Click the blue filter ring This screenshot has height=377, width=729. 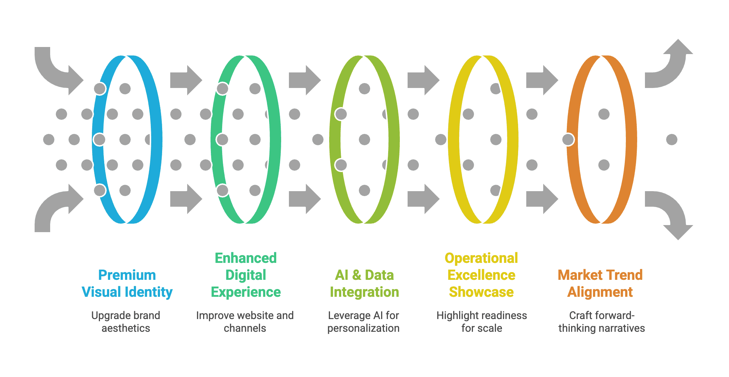click(155, 139)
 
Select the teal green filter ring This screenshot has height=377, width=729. click(274, 139)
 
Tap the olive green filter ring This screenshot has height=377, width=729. click(393, 139)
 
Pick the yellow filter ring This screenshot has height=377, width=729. click(512, 139)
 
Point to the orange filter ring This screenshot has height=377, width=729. click(630, 139)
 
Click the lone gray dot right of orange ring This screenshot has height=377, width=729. click(671, 140)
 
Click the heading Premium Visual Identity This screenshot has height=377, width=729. click(127, 284)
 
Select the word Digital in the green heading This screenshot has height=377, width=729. click(246, 275)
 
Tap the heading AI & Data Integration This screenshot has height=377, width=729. click(364, 284)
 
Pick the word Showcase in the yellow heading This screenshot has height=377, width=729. click(481, 292)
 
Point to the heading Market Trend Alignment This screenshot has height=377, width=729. click(600, 284)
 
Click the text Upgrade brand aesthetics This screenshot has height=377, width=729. click(126, 322)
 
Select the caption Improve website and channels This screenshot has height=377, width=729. click(245, 322)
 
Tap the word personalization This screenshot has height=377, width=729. click(363, 328)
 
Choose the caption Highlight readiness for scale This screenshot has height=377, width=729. click(482, 322)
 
